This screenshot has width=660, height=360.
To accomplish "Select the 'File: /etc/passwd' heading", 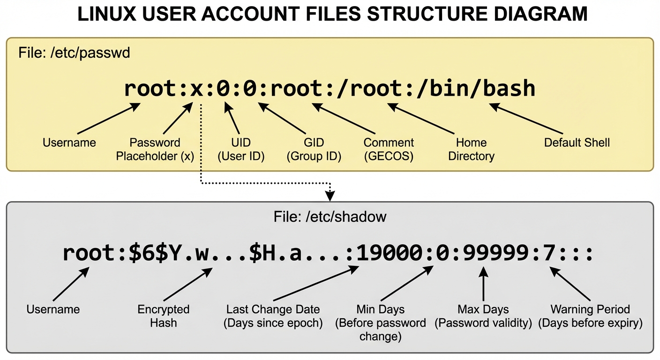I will coord(74,53).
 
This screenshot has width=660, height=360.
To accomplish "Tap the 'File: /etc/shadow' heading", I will coord(330,217).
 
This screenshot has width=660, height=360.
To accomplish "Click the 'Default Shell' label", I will coord(577,142).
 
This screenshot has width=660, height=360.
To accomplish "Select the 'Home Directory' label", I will coord(471,149).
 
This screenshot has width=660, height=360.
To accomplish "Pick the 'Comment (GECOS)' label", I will coord(389,149).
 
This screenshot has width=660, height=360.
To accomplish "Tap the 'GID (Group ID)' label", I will coord(314,149).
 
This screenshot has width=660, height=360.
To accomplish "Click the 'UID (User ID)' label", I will coord(241,149).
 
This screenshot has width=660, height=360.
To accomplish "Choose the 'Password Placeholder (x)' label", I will coord(155,149).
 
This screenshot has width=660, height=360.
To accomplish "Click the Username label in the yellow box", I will coord(69,142).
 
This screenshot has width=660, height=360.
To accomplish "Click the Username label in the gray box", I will coord(53,309).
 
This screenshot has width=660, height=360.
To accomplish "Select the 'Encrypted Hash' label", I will coord(163,315).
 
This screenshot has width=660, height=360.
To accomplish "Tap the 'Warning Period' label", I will coord(590,309).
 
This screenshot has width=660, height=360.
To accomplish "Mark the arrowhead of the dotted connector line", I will coord(330,193).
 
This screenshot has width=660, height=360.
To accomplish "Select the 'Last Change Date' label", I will coord(273,309).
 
